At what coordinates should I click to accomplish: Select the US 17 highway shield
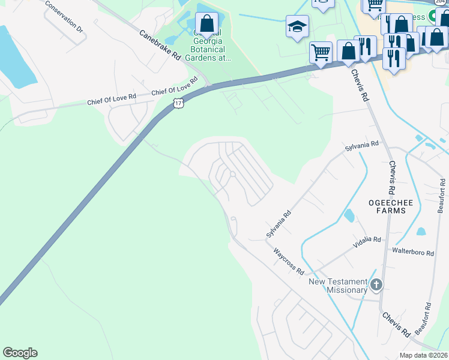click(178, 104)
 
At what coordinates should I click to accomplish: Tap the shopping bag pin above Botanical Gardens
click(206, 24)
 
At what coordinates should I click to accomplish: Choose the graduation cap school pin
click(297, 26)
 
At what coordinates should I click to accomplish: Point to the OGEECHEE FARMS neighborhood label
click(390, 208)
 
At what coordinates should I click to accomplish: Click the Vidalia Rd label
click(367, 240)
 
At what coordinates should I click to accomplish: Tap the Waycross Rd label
click(289, 262)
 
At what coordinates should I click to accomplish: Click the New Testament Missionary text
click(338, 286)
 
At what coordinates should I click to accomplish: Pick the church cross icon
click(376, 285)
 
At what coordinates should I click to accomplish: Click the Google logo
click(20, 353)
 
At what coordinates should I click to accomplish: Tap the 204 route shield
click(441, 2)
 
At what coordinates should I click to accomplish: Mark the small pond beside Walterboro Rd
click(421, 231)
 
